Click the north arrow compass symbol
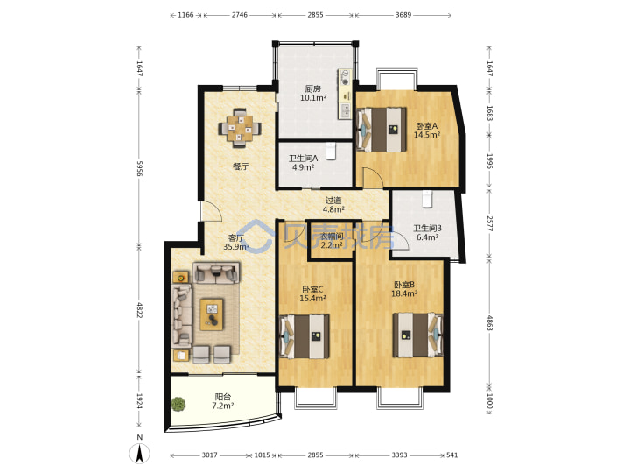pos(139,454)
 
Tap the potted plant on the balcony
pos(178,404)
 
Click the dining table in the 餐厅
pos(240,128)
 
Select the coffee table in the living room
pos(212,314)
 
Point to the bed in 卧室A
pos(381,130)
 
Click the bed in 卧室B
pos(418,335)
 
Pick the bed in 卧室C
pos(304,336)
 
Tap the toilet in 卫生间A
pos(331,152)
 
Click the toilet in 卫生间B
pos(427,199)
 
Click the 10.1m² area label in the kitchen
pos(313,98)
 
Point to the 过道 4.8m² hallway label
pos(333,205)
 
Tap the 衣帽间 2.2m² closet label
pos(332,241)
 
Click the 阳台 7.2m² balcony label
pos(223,401)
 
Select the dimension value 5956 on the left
pos(139,168)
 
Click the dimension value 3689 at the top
pos(403,15)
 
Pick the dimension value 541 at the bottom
pos(452,455)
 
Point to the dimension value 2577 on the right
pos(489,223)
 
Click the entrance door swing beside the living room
pos(211,210)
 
